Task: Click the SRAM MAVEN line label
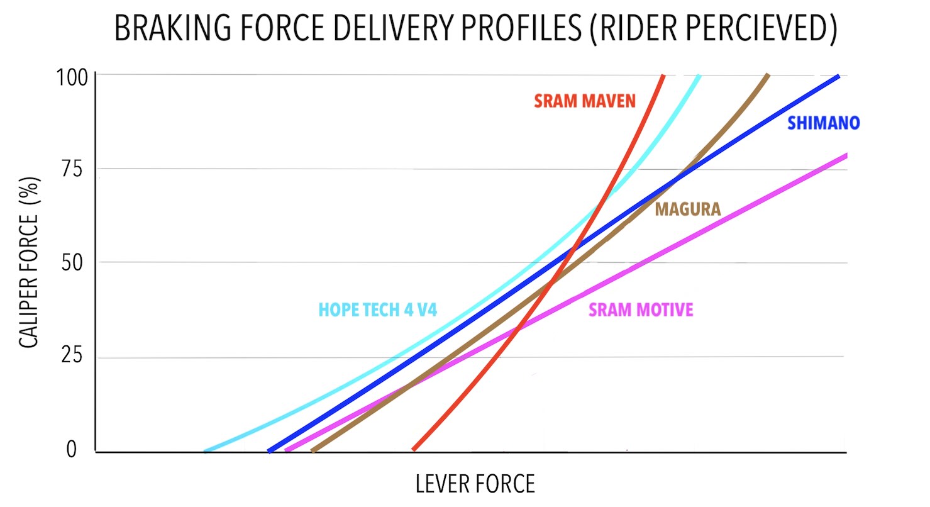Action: [585, 101]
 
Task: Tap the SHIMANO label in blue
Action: [823, 123]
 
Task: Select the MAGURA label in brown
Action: [688, 209]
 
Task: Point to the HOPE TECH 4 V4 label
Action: [378, 309]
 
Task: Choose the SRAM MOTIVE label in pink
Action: [641, 309]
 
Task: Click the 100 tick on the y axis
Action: [72, 77]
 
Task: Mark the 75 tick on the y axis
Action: [72, 169]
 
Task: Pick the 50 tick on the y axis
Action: [72, 262]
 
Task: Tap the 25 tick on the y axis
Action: [72, 355]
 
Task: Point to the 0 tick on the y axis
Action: [72, 449]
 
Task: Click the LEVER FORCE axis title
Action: [475, 484]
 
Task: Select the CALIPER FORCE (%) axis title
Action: [29, 262]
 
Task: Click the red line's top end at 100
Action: [663, 75]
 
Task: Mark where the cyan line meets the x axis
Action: [206, 451]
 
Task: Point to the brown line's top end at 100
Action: [768, 75]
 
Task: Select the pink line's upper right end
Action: [846, 156]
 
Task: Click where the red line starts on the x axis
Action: [414, 449]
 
